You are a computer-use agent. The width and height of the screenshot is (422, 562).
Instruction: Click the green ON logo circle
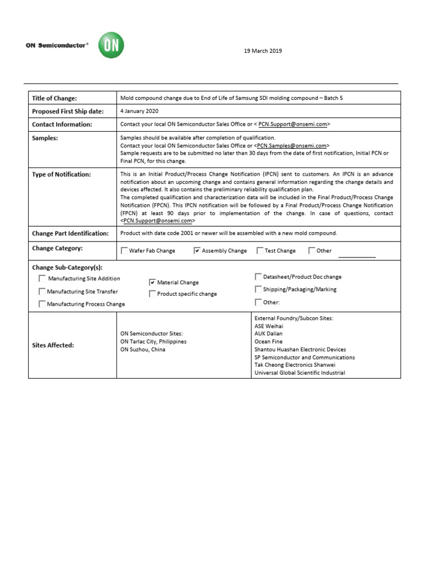(x=110, y=46)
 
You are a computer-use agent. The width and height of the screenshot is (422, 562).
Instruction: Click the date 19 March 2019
(x=263, y=51)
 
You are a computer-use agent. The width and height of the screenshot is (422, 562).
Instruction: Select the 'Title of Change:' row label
(x=54, y=98)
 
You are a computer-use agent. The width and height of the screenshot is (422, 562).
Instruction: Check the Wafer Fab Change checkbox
(x=124, y=251)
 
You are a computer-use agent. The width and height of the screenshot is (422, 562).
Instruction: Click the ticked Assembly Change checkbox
(x=197, y=251)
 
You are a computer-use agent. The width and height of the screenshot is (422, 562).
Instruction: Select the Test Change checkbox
(x=260, y=251)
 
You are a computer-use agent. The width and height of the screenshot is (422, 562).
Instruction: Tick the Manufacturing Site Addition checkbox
(x=42, y=279)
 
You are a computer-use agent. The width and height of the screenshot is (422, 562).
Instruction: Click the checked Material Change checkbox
(x=152, y=282)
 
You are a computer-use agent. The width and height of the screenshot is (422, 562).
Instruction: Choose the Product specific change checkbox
(x=152, y=294)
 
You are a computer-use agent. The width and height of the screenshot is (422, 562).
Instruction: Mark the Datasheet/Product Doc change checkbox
(x=258, y=277)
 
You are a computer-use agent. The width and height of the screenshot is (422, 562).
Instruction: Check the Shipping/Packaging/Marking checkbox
(x=258, y=289)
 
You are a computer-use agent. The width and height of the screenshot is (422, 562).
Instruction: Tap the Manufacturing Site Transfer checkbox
(x=42, y=291)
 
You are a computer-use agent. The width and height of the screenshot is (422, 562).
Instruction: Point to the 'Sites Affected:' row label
(x=54, y=345)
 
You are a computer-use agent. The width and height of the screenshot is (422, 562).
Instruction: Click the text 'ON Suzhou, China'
(x=142, y=350)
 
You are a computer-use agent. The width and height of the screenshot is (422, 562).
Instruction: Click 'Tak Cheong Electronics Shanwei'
(x=295, y=364)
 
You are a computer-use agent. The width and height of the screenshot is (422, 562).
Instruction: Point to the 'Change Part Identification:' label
(x=70, y=233)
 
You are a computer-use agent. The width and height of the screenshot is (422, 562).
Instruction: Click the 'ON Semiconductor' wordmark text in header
(x=55, y=46)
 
